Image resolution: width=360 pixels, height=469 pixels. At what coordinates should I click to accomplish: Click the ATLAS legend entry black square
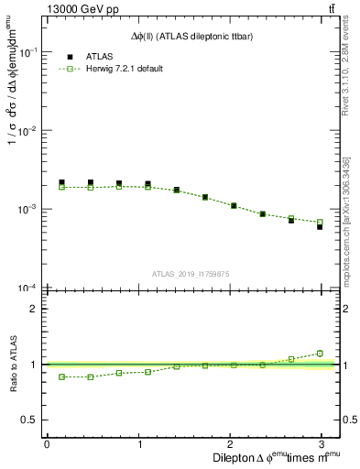pos(62,56)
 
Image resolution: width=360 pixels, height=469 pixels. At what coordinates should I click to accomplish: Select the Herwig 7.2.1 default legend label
pos(124,69)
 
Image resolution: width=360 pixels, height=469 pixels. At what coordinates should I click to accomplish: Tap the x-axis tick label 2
pos(233,444)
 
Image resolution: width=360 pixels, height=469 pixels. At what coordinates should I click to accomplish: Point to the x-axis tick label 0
pos(47,444)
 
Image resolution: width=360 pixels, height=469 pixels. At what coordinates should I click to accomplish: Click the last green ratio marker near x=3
pos(320,353)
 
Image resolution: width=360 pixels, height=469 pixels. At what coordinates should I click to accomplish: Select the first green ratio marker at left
pos(61,376)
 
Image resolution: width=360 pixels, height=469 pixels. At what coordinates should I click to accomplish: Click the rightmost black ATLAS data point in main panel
pos(320,226)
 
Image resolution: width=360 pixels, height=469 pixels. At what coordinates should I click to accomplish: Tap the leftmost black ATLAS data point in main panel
pos(61,182)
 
